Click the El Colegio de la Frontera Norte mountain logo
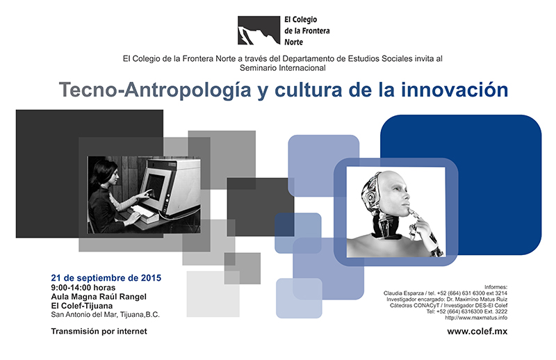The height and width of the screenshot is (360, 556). pos(259,31)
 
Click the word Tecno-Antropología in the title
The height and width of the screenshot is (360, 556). pos(155,90)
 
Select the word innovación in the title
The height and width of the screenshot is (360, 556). pos(455,90)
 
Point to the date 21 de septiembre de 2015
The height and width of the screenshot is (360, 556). pos(106,278)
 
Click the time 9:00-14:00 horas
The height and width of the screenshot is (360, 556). pos(83,288)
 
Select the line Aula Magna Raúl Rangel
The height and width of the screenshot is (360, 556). pos(99,297)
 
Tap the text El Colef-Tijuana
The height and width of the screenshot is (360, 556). pos(81,306)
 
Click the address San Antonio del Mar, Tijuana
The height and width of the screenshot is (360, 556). pos(106,315)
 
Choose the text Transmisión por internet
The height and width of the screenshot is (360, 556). pos(99,332)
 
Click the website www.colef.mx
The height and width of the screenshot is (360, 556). pos(477,332)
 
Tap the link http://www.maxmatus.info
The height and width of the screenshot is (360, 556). pos(476,318)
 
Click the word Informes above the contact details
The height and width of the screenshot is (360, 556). pos(496,287)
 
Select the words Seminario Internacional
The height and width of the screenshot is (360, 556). pos(283,67)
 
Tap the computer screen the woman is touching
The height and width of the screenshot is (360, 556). pos(154,186)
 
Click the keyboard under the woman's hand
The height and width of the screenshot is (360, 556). pos(146,213)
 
